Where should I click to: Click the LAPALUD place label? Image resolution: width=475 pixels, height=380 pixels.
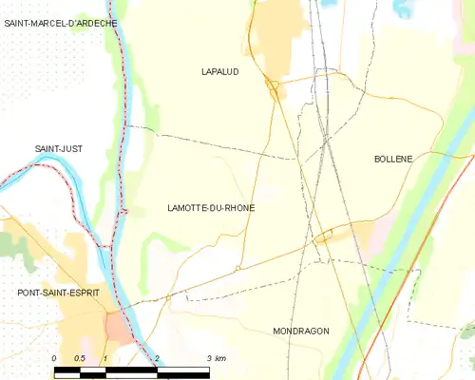[220, 71]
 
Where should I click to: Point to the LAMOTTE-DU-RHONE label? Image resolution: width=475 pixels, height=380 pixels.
[210, 208]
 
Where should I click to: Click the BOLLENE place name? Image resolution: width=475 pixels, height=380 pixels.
[393, 159]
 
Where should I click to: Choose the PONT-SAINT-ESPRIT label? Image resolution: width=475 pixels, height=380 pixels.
[58, 293]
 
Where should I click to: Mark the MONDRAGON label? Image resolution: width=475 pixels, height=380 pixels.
[300, 331]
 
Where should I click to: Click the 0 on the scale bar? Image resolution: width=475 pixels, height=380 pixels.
[54, 358]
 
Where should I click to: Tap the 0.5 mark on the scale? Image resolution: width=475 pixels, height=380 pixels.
[80, 358]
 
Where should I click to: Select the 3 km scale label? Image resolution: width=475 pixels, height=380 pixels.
[215, 358]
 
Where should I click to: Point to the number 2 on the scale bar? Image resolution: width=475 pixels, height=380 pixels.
[157, 358]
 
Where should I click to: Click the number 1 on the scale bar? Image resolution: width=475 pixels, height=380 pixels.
[105, 358]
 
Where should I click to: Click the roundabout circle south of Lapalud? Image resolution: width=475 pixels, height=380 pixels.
[273, 88]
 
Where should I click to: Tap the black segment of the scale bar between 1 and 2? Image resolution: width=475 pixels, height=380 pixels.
[131, 369]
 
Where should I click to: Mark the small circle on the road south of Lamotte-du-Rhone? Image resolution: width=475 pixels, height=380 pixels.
[237, 269]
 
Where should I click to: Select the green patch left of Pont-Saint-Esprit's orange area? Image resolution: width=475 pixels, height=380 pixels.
[11, 243]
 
